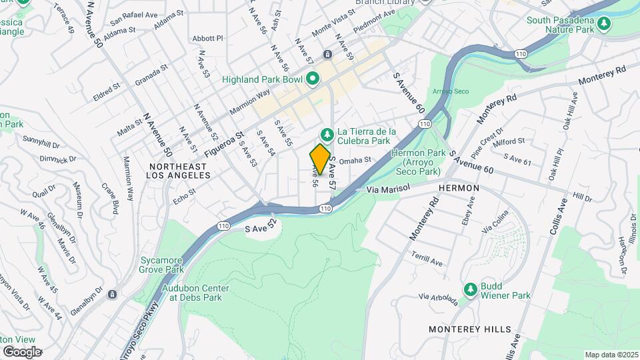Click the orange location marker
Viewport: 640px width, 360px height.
point(320,159)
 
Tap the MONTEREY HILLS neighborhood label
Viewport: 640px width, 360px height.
point(470,329)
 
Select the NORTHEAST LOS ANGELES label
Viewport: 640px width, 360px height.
point(180,170)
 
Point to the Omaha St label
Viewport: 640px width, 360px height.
point(354,161)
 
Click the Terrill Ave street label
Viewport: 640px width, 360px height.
point(428,260)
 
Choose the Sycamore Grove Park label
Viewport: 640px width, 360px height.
point(161,265)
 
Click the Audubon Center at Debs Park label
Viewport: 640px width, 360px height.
point(195,293)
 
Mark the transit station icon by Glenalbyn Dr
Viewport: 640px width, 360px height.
point(112,294)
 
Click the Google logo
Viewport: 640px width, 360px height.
point(23,351)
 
